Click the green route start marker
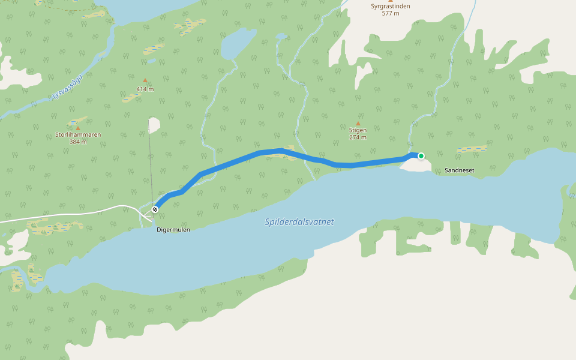[x=421, y=156]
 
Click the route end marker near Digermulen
[x=155, y=209]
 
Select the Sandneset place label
[x=460, y=170]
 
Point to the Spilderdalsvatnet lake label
[x=299, y=222]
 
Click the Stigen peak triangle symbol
[x=358, y=124]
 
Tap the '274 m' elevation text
[x=358, y=137]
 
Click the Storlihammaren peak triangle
[x=78, y=128]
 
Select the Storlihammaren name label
[x=78, y=135]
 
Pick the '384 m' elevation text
[x=78, y=142]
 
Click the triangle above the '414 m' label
[x=145, y=80]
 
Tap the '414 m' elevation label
[x=145, y=89]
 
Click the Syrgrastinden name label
[x=390, y=6]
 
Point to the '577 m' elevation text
[x=390, y=13]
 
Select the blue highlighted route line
[x=240, y=158]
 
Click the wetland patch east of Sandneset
[x=472, y=149]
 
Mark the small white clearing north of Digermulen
[x=154, y=125]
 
